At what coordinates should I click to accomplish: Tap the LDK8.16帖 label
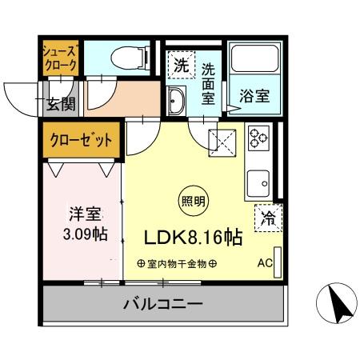[x=194, y=237]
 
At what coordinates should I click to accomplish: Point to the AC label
[x=264, y=262]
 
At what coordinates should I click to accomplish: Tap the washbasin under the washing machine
[x=177, y=100]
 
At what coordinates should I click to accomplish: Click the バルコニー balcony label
[x=162, y=304]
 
